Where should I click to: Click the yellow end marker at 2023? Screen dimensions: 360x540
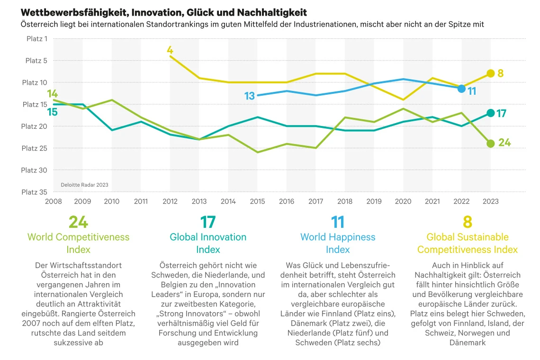click(490, 73)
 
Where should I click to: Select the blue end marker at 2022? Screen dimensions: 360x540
click(461, 89)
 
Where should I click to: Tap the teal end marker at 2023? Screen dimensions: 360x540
click(490, 113)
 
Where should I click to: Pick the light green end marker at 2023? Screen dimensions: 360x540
click(490, 144)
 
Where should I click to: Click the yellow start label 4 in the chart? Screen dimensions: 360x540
click(170, 50)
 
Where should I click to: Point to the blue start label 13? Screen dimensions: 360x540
click(250, 96)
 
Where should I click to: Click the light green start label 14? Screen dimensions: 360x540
click(52, 93)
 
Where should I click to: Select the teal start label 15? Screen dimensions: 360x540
click(52, 112)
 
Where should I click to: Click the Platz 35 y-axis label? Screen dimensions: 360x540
click(35, 192)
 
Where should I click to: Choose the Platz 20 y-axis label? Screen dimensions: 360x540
click(35, 126)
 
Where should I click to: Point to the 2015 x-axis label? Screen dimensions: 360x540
click(257, 201)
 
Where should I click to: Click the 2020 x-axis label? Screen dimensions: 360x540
click(403, 201)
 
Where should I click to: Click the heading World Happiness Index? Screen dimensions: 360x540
click(338, 243)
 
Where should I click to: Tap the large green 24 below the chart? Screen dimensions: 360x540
click(78, 222)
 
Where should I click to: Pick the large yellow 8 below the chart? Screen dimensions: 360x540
click(468, 222)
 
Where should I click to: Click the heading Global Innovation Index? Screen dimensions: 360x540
click(208, 243)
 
